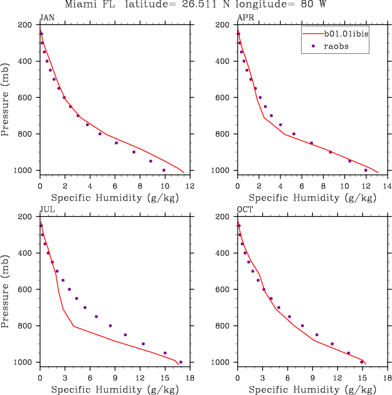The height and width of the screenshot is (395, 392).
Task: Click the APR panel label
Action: coord(245,18)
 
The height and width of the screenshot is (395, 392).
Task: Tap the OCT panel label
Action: coord(245,210)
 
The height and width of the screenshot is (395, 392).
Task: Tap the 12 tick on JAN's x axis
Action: coord(189,186)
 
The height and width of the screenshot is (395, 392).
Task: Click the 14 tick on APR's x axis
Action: coord(387,186)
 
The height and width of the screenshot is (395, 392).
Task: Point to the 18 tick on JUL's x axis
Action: coord(189,377)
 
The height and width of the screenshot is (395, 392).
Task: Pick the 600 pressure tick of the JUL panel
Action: coord(27,290)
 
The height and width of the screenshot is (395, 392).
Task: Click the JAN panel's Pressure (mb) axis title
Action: coord(6,97)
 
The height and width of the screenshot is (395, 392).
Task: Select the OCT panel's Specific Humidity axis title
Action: coord(311,389)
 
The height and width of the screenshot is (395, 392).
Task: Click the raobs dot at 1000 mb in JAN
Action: coord(164,170)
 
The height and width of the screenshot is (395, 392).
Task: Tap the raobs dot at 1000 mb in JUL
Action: coord(181,362)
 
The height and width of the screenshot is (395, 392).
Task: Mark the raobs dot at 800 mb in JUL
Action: coord(110,325)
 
